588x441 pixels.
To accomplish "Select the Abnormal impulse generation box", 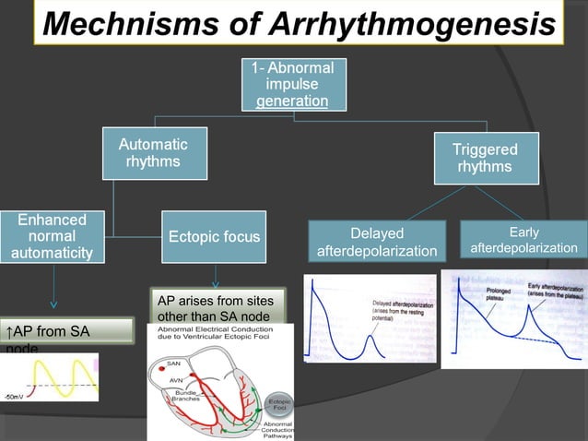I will (x=293, y=84).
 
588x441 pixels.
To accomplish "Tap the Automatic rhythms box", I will (x=153, y=154).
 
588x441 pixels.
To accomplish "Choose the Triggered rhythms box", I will (x=485, y=159).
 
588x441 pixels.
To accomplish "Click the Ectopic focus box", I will (x=214, y=238).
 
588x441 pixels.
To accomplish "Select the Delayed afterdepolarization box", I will (x=378, y=242).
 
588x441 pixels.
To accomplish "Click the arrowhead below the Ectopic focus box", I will (x=215, y=283).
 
